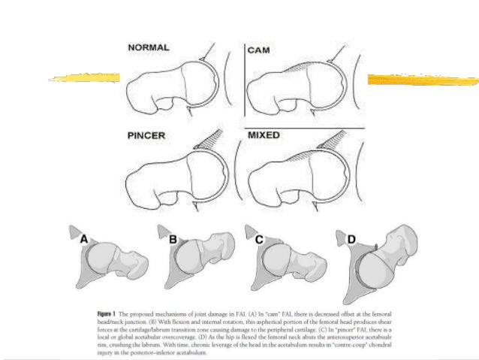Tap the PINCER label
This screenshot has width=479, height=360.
(x=147, y=139)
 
